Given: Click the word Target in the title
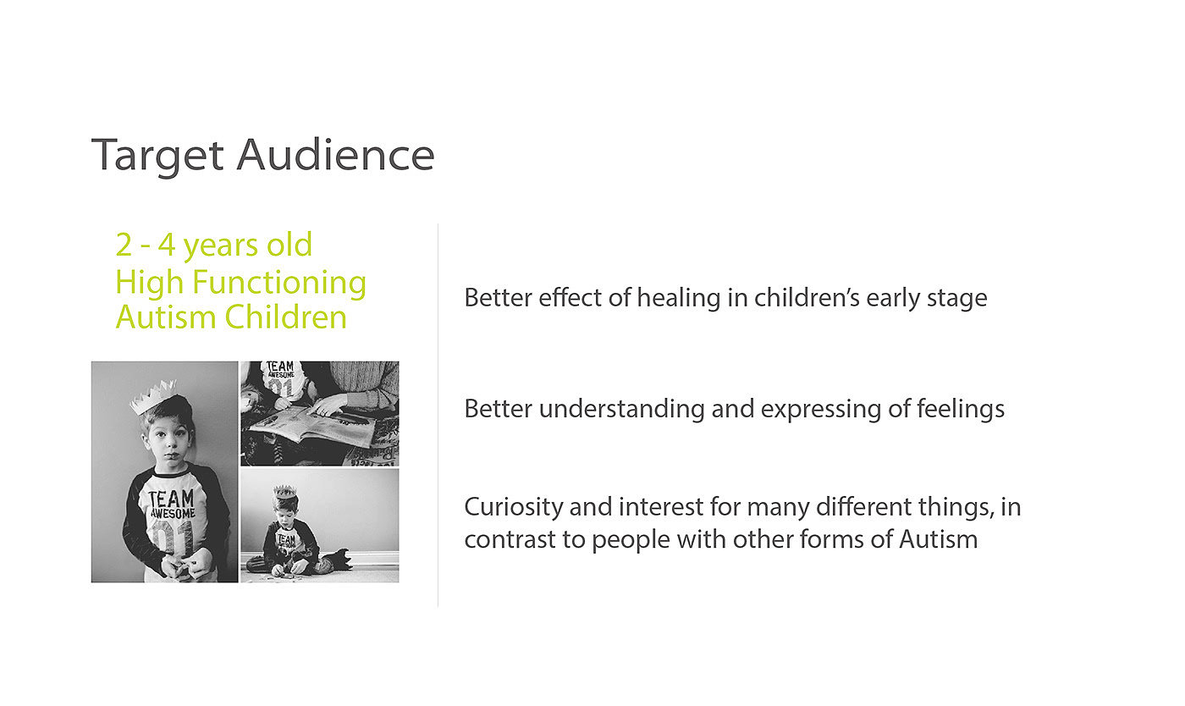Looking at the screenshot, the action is click(157, 156).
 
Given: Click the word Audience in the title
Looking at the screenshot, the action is click(335, 155).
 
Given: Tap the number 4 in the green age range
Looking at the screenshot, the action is click(166, 245).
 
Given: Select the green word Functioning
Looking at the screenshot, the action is click(278, 282).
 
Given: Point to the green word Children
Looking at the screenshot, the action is click(286, 317).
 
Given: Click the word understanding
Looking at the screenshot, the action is click(621, 409).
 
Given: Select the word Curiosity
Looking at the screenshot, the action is click(514, 508).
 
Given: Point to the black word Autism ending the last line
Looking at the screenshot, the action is click(939, 539).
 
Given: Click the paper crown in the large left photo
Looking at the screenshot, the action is click(153, 396).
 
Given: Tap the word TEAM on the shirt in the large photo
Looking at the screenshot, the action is click(170, 498).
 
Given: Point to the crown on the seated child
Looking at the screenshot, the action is click(284, 491).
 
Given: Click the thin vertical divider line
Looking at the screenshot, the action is click(438, 415).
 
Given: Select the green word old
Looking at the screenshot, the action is click(289, 245).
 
